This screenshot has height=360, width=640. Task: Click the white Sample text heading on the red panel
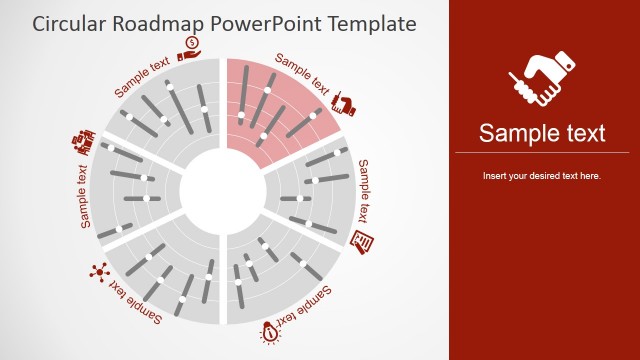coord(542,133)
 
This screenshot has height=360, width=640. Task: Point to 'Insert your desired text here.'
coord(542,176)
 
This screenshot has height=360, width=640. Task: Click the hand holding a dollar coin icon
coord(191,44)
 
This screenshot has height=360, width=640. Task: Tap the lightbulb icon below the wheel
coord(270,332)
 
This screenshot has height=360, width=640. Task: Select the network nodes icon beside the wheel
coord(98,270)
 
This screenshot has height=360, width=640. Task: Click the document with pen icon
coord(364,241)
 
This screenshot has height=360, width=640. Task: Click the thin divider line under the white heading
coord(542,153)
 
